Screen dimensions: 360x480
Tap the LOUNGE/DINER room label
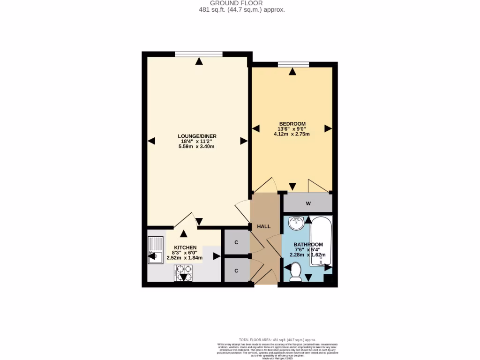(197, 136)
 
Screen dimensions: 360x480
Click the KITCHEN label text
(185, 247)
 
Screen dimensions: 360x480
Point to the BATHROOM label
(308, 245)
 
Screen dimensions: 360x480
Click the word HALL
(264, 226)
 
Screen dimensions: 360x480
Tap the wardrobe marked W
(308, 203)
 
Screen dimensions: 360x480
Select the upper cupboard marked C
(236, 242)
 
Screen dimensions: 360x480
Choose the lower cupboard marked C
(236, 271)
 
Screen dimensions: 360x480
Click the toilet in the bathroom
(295, 272)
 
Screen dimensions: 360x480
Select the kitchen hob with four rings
(183, 272)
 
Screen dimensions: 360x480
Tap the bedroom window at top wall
(293, 65)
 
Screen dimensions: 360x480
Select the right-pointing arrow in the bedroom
(328, 128)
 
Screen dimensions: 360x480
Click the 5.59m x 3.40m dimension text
(196, 146)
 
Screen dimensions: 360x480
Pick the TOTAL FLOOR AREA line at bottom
(277, 340)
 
